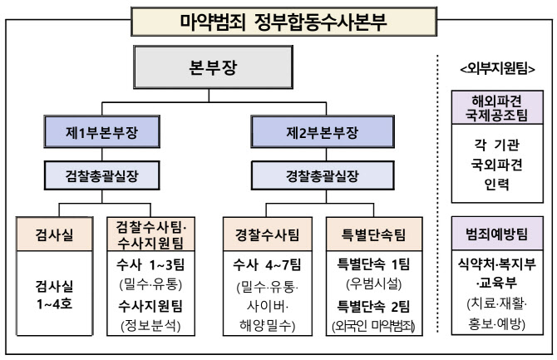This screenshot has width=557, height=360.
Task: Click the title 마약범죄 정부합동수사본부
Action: pyautogui.click(x=278, y=17)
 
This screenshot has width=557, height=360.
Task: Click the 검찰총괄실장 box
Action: pyautogui.click(x=101, y=175)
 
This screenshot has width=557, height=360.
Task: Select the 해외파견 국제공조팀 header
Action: pyautogui.click(x=496, y=107)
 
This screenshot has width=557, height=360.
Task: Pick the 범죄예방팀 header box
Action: pyautogui.click(x=496, y=234)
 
